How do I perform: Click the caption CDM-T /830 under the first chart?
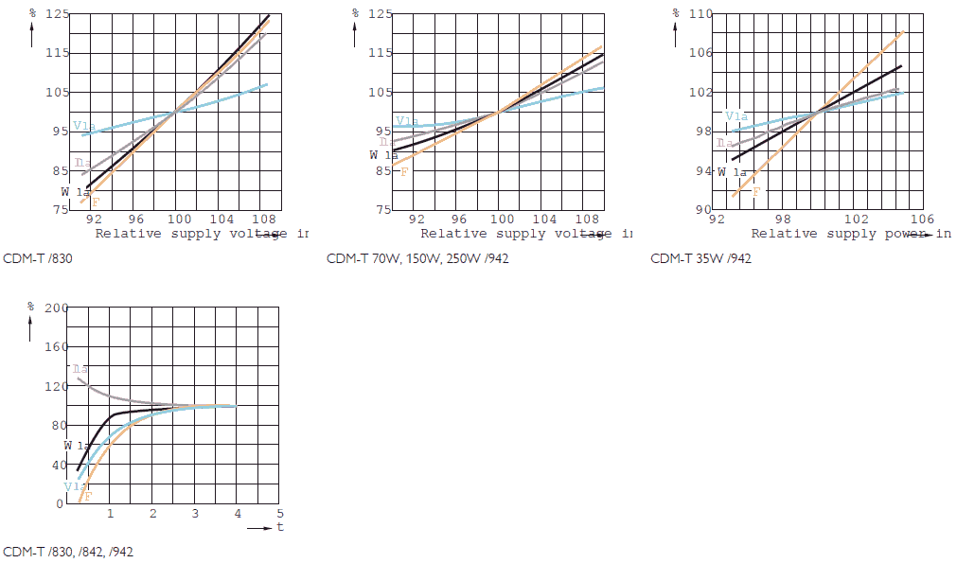pos(38,258)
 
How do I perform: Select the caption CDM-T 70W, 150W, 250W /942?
pos(417,258)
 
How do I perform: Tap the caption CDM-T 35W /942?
pos(700,258)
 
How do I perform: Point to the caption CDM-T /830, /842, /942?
pos(68,552)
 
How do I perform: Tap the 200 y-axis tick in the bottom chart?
pos(57,308)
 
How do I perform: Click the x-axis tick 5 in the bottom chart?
pos(280,513)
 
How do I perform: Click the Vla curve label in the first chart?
pos(82,125)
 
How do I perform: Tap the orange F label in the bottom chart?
pos(87,496)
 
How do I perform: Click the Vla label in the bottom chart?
pos(74,485)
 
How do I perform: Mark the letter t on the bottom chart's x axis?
pos(280,527)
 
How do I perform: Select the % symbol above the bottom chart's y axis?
pos(30,307)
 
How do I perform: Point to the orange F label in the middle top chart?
pos(404,171)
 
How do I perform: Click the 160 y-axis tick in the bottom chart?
pos(57,346)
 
